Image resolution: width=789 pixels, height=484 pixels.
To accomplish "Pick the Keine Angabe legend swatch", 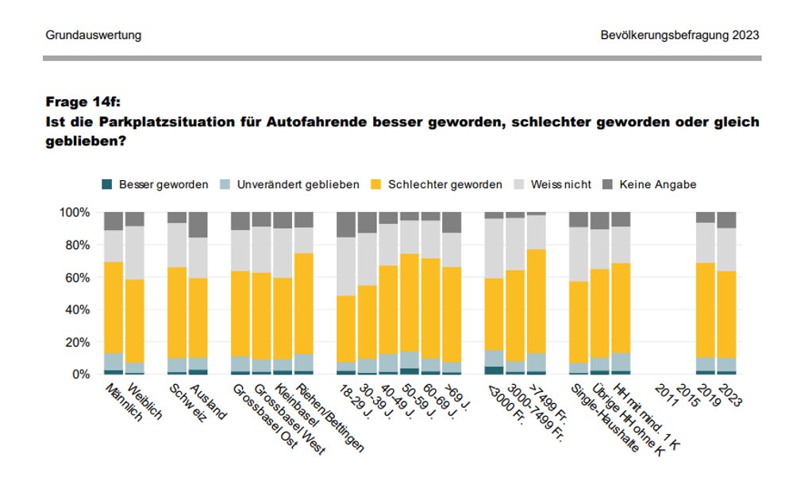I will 608,185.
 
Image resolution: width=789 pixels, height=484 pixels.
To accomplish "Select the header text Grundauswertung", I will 93,36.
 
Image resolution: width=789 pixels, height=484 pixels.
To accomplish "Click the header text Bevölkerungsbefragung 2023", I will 680,36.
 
